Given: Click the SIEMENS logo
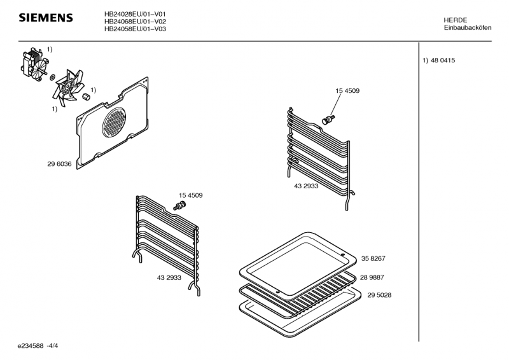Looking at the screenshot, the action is (46, 18).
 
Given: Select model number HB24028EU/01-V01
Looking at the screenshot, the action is (135, 14).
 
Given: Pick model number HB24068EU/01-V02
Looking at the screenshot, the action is (135, 22).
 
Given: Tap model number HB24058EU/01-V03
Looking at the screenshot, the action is (135, 29).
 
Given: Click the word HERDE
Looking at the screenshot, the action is (456, 20).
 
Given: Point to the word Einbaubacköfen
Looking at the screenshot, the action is (468, 27).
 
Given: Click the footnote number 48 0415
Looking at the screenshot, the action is (443, 60).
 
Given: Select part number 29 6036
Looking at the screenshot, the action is (59, 164).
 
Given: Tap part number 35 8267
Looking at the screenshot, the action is (373, 258).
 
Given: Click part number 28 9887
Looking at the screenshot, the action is (372, 277).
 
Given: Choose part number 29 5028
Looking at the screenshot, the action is (379, 295).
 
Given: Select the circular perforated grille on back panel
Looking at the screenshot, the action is (114, 122).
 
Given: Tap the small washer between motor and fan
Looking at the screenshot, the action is (52, 78).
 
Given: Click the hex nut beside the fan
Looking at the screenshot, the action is (86, 97).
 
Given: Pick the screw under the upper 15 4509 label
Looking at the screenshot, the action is (328, 120).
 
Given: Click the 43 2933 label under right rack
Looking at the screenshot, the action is (306, 186).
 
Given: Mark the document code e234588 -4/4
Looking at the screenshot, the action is (38, 346).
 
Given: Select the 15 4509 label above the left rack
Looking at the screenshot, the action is (190, 195).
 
